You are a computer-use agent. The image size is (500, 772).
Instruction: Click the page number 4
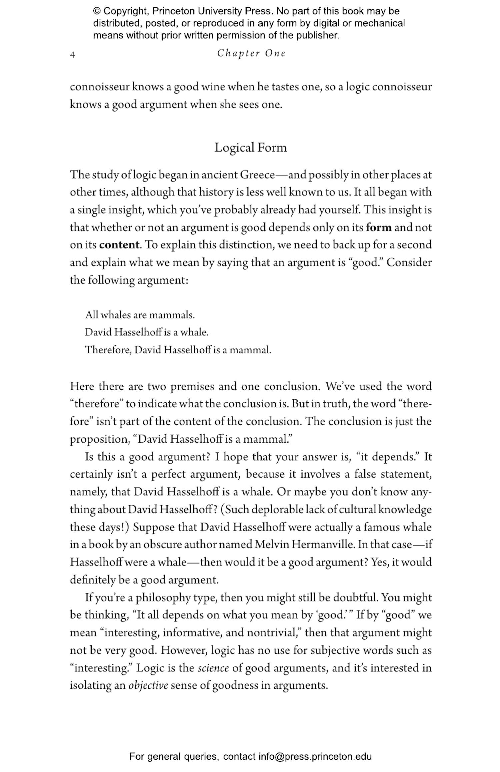tap(72, 55)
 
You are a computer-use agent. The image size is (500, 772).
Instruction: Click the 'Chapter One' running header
tap(251, 53)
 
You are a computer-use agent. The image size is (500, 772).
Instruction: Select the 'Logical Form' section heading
tap(250, 148)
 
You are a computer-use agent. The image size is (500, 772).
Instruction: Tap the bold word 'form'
tap(378, 227)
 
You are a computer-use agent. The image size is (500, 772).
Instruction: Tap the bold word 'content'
tap(119, 245)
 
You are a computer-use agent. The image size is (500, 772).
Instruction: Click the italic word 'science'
tap(213, 668)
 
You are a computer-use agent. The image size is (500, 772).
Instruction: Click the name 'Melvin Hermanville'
tap(304, 545)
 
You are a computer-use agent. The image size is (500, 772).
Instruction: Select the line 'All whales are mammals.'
tap(140, 315)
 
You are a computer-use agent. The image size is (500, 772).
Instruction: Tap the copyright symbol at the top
tap(97, 11)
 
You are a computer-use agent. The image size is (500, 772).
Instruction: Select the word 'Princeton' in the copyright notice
tap(174, 11)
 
